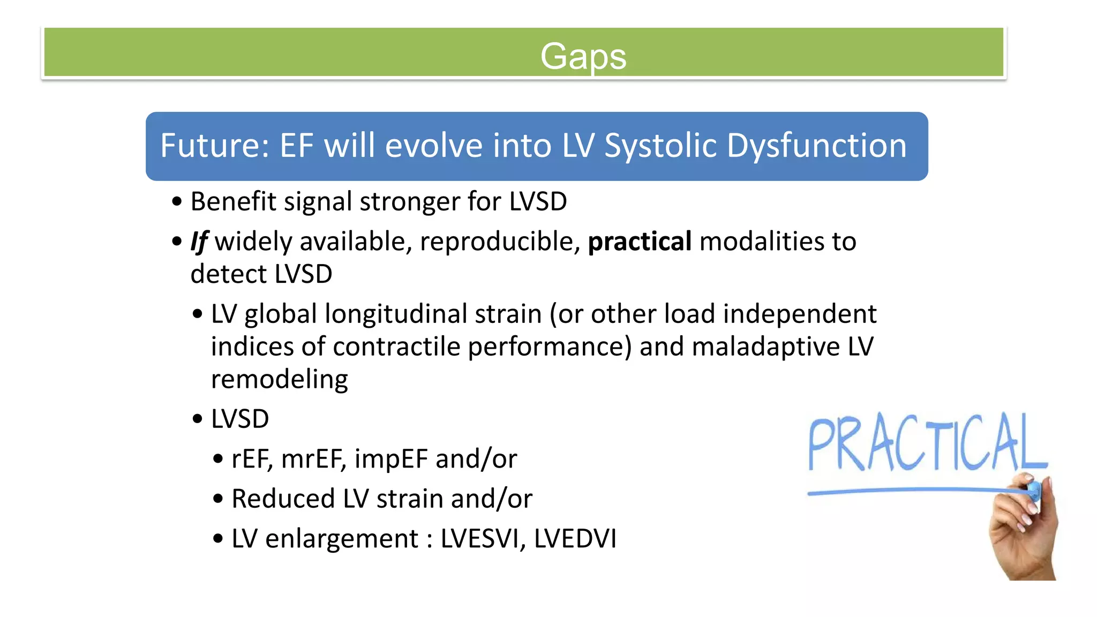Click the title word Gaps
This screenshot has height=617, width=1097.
click(583, 56)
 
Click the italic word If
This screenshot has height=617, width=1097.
click(199, 242)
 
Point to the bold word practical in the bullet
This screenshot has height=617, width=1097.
click(640, 242)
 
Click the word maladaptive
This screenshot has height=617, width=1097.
click(766, 347)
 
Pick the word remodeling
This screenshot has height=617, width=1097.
click(279, 380)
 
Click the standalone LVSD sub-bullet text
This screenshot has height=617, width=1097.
click(240, 419)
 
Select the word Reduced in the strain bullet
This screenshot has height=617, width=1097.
click(283, 499)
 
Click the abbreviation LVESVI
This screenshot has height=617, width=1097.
click(483, 539)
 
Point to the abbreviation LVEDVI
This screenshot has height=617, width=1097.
click(575, 539)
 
